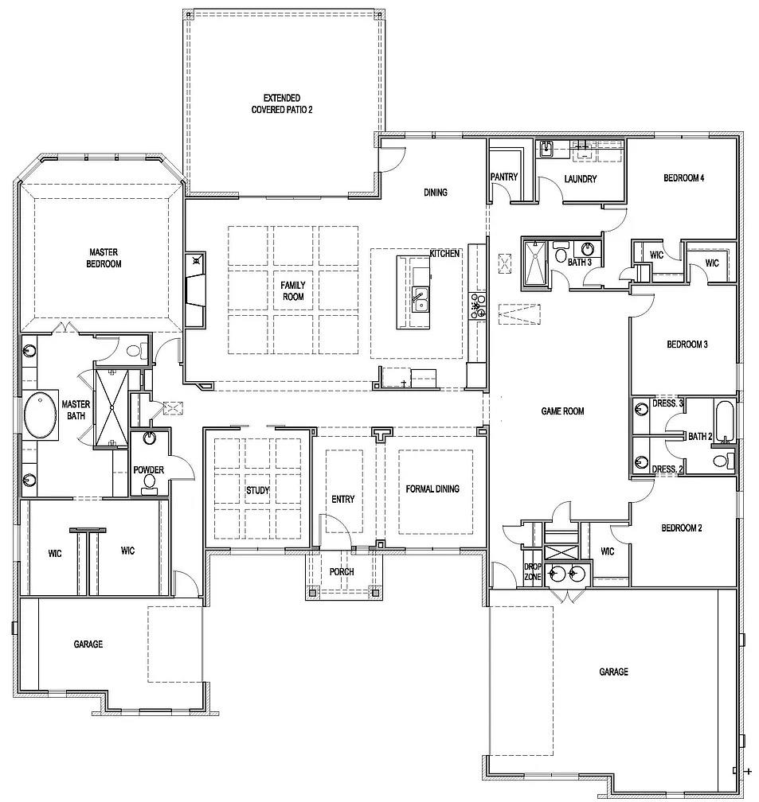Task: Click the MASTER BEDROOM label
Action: click(105, 258)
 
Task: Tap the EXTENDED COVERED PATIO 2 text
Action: click(282, 103)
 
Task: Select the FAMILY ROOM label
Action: click(292, 290)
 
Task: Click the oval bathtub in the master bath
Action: click(41, 415)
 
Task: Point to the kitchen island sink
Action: click(418, 302)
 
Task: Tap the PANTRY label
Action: click(504, 177)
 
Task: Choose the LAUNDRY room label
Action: click(580, 179)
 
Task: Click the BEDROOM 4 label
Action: click(683, 178)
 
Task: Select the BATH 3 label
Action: click(579, 262)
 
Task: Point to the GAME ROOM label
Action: click(563, 411)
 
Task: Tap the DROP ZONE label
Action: click(532, 571)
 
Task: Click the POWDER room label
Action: click(148, 470)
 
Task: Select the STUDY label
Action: click(257, 491)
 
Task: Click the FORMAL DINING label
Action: click(432, 489)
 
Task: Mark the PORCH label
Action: click(342, 572)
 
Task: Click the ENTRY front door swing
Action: click(335, 529)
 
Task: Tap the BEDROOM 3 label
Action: click(687, 345)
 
